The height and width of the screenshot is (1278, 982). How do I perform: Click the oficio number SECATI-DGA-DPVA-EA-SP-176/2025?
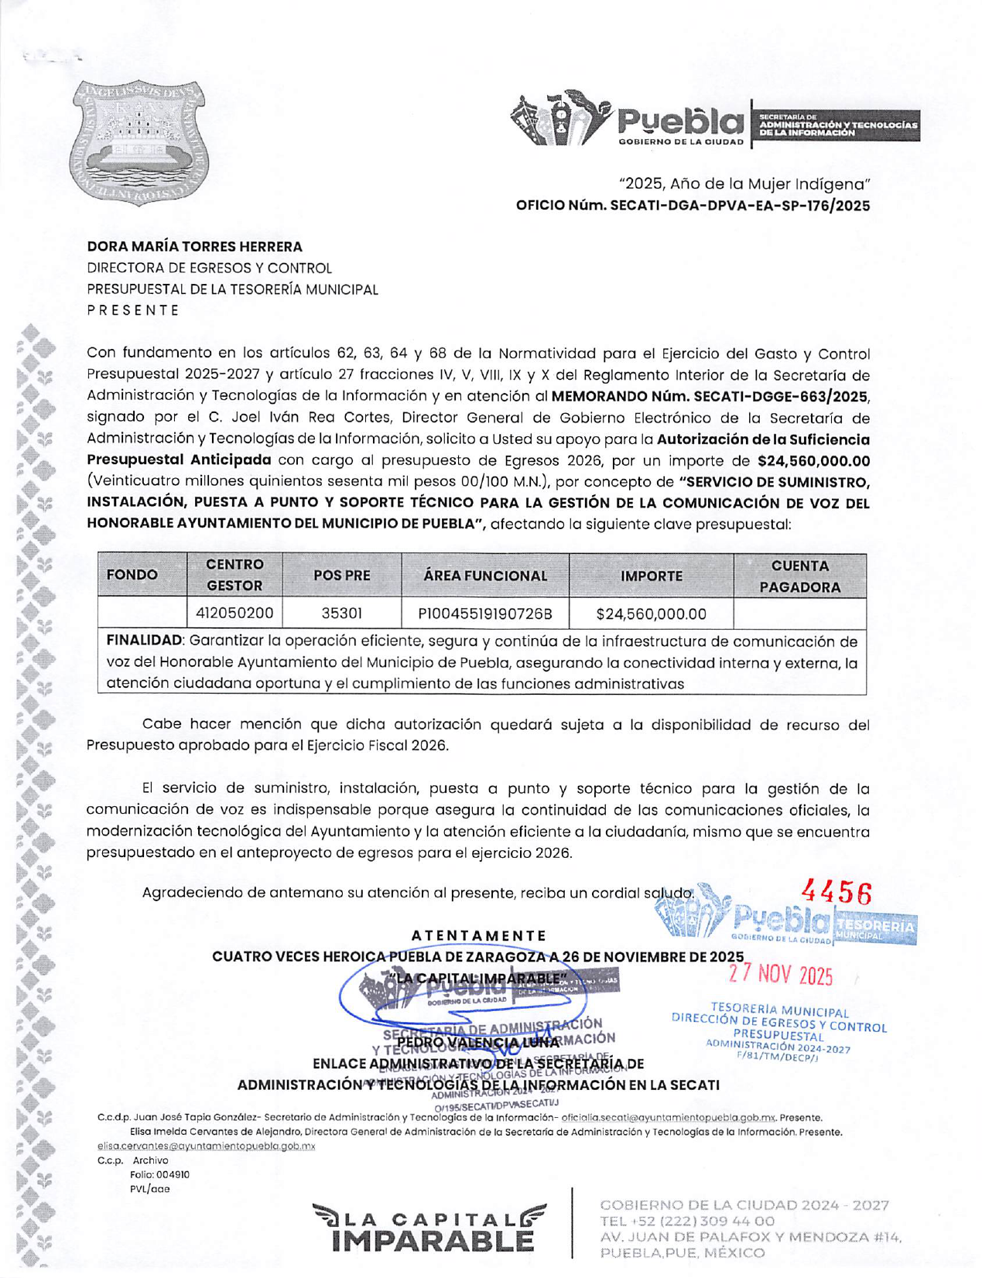coord(693,206)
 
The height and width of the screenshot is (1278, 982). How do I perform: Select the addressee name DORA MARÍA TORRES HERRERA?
coord(194,247)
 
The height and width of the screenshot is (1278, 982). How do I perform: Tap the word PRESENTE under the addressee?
coord(132,310)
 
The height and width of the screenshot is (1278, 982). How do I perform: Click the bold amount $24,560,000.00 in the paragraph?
coord(813,461)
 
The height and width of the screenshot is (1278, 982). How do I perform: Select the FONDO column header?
coord(132,575)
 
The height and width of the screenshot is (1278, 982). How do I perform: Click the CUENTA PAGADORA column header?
coord(799,576)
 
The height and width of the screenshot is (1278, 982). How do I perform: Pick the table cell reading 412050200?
coord(234,613)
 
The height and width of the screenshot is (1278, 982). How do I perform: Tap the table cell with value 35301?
coord(341,613)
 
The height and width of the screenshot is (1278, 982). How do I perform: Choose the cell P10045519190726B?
coord(484,614)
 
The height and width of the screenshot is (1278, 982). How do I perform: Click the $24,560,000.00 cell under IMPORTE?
coord(651,614)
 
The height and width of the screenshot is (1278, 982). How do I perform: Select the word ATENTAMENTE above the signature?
coord(479,936)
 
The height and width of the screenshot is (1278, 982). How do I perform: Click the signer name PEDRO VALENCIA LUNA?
coord(477,1042)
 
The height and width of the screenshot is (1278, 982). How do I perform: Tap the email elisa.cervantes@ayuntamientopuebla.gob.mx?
coord(206,1146)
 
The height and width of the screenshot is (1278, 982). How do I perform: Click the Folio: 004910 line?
coord(159,1174)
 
